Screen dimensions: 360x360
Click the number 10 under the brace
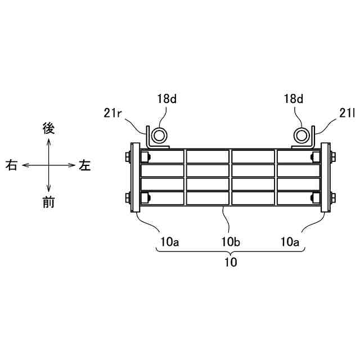230,262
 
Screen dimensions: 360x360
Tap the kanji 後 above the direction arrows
49,128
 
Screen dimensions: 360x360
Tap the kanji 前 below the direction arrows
49,203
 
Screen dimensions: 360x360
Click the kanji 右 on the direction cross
11,165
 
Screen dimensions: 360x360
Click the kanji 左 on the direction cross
85,165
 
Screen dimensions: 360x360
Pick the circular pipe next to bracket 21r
159,136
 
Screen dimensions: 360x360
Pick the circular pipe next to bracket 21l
303,136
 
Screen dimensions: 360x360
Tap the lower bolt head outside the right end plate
334,197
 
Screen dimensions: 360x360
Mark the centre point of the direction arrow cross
49,165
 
